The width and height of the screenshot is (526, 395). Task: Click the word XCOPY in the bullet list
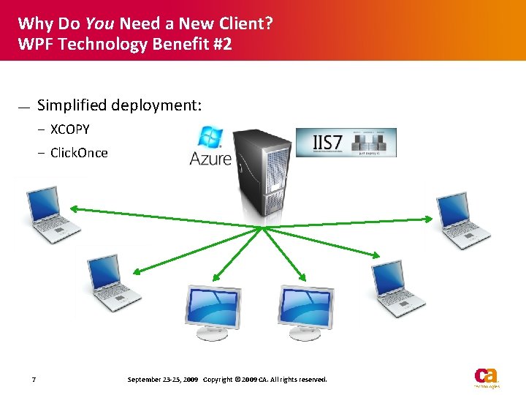point(69,129)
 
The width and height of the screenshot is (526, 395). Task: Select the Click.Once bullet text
point(78,153)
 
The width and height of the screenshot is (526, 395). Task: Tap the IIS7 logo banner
point(346,142)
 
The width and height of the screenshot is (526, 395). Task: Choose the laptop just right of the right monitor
point(397,287)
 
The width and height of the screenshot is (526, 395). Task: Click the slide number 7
point(34,380)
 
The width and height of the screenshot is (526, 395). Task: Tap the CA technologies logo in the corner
point(486,377)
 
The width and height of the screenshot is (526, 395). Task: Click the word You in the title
point(99,23)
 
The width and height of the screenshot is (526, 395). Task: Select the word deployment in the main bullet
point(156,105)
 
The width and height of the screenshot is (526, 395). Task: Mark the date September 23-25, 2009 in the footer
point(162,380)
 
